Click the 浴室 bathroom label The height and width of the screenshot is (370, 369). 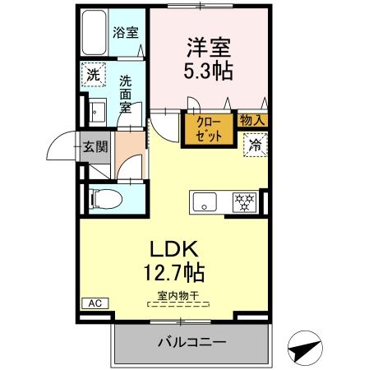[x=126, y=33]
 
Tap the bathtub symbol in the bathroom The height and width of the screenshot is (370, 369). [x=95, y=30]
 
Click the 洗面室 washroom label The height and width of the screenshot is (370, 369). [x=127, y=93]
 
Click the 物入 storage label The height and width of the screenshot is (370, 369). [x=252, y=120]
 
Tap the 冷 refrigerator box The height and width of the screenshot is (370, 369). [x=255, y=146]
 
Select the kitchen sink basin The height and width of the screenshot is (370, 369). [x=205, y=201]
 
